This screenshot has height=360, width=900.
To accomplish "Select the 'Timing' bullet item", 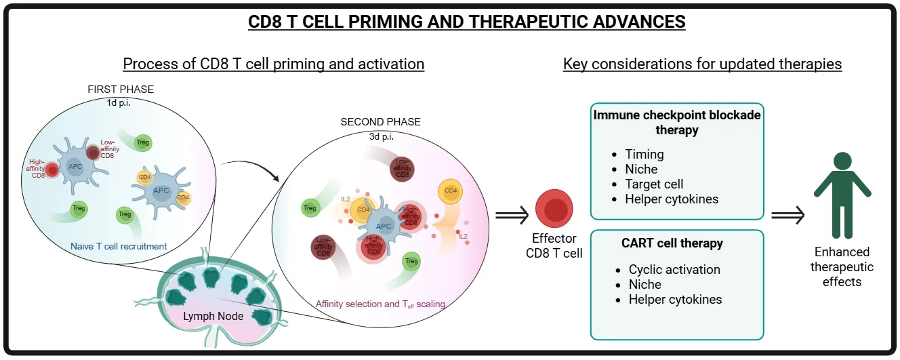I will [644, 154].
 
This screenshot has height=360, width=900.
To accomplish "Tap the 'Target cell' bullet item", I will [654, 184].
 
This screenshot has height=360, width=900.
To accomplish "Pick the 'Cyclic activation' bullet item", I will [674, 269].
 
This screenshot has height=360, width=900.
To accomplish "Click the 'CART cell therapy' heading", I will [672, 243].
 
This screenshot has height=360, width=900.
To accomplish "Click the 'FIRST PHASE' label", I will [121, 89].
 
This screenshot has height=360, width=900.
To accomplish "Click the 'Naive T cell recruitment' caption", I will [119, 246].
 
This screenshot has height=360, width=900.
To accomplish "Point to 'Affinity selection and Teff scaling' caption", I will [380, 304].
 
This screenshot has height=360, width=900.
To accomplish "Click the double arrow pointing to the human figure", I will [788, 216].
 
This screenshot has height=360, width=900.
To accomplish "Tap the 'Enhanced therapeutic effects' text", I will [842, 266].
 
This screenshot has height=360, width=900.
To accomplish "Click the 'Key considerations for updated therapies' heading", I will [702, 64].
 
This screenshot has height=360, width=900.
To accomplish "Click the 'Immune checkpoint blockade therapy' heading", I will [677, 122].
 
